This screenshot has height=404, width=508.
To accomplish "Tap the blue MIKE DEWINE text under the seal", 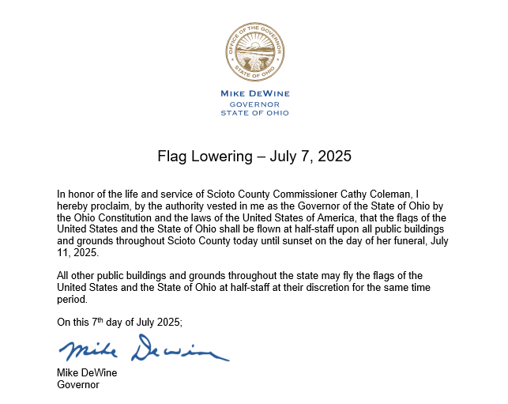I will click(254, 93).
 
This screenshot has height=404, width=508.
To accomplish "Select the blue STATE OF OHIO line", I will click(254, 113).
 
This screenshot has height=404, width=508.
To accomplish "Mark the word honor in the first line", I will click(81, 194).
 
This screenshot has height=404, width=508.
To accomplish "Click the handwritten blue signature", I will click(143, 349).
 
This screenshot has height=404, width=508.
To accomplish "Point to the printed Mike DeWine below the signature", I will click(86, 373).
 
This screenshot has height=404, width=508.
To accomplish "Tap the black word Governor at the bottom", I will click(78, 385).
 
